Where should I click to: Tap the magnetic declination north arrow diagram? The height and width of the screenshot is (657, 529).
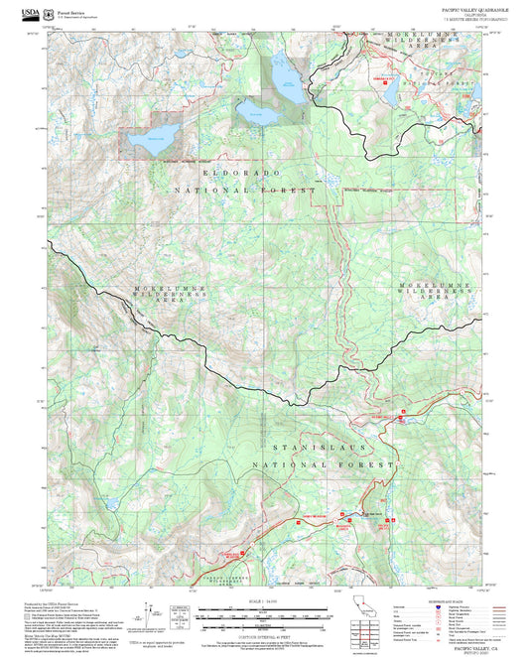point(149,615)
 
